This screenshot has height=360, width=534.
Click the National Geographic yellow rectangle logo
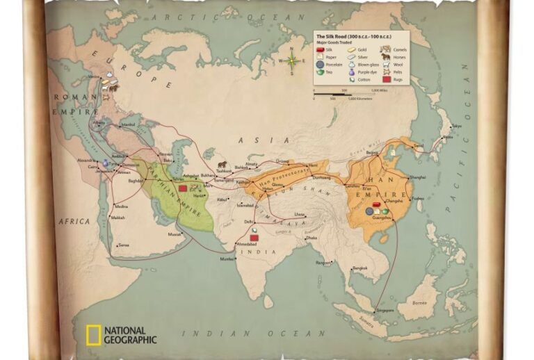tap(93, 335)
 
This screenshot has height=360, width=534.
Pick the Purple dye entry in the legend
tap(366, 72)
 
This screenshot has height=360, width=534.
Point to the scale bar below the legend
tap(350, 91)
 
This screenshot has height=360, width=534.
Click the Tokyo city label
tap(456, 126)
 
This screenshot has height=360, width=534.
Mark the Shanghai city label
tap(417, 177)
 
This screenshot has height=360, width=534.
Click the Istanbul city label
tap(128, 125)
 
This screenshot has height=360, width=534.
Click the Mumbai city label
tap(227, 259)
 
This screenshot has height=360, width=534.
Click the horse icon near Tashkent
tap(222, 165)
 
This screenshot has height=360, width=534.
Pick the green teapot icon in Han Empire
tap(384, 211)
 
